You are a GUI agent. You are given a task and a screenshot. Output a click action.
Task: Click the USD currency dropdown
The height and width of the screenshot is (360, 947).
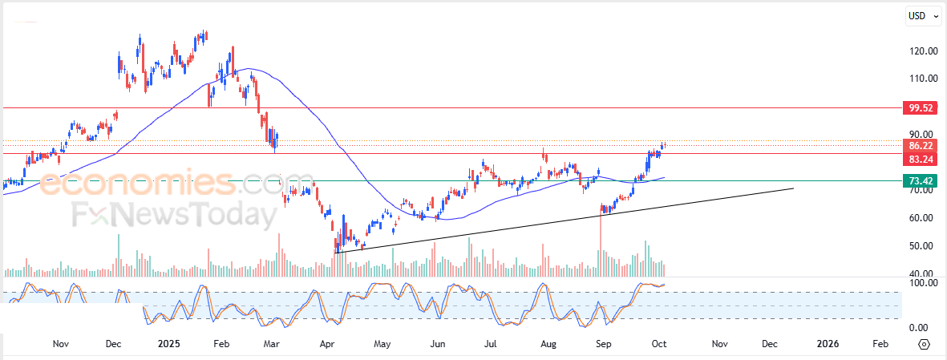tap(920, 15)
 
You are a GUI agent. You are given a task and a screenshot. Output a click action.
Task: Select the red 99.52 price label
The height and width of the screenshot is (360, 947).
tap(919, 107)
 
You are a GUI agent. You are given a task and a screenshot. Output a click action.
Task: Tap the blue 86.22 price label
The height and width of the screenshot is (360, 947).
tap(919, 146)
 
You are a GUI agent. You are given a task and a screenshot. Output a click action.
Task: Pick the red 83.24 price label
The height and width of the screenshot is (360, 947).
tap(919, 160)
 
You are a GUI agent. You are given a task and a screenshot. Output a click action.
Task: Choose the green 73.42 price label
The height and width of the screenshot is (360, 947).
tap(919, 180)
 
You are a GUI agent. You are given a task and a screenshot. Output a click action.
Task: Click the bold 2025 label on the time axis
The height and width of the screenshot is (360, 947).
tap(170, 344)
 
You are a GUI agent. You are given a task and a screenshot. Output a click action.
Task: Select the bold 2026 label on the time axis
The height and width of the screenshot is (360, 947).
tap(828, 344)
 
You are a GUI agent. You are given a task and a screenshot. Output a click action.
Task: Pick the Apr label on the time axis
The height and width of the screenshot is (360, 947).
tap(327, 344)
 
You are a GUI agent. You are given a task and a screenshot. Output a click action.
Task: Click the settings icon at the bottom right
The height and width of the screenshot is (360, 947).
tap(924, 344)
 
